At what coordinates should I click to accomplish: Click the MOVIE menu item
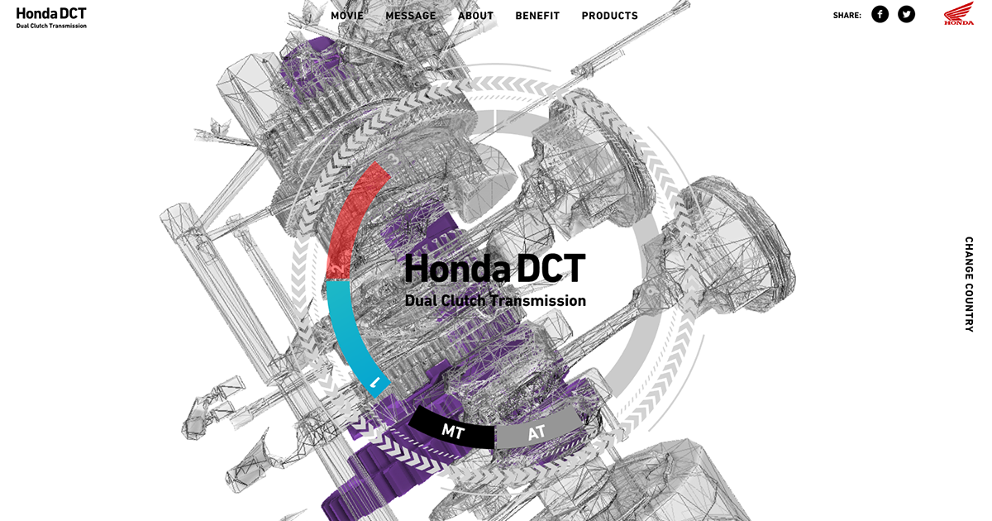click(347, 16)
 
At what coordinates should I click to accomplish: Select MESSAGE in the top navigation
click(411, 16)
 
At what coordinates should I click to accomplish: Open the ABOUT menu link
click(475, 16)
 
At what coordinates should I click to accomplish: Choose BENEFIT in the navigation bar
click(537, 16)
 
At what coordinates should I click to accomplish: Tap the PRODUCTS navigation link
click(610, 16)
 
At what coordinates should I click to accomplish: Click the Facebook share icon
click(880, 14)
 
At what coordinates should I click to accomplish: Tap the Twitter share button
click(907, 14)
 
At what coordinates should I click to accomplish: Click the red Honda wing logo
click(959, 13)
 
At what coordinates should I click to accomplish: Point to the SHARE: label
click(847, 15)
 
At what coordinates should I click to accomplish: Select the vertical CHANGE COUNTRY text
click(969, 284)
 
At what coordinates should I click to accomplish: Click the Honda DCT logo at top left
click(51, 17)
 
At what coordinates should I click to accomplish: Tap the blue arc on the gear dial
click(347, 331)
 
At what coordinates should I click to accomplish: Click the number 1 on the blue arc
click(375, 382)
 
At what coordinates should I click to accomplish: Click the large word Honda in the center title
click(456, 269)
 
